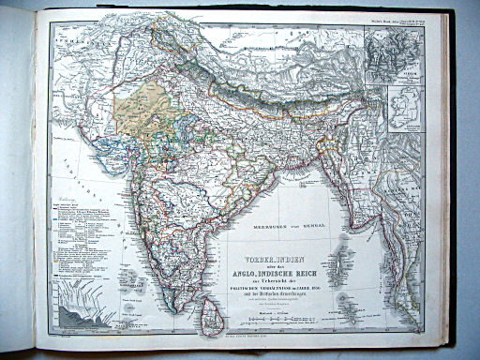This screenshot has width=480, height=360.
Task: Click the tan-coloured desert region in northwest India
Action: click(136, 103)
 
